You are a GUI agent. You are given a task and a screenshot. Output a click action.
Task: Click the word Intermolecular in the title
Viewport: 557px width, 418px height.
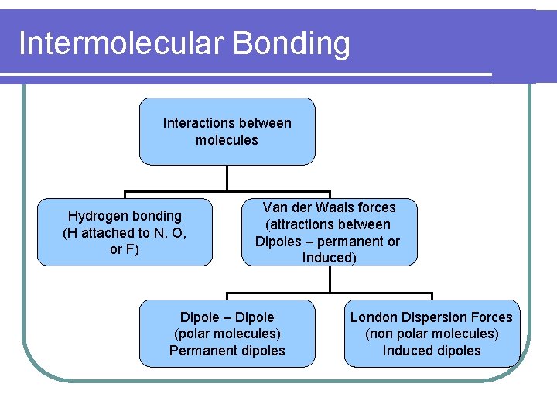coord(119,43)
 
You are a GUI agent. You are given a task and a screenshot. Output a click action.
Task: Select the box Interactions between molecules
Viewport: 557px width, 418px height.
coord(227,132)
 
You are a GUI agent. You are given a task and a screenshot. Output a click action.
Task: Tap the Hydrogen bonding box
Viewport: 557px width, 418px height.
coord(125,232)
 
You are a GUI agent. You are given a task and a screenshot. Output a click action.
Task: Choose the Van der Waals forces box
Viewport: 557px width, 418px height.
coord(329,232)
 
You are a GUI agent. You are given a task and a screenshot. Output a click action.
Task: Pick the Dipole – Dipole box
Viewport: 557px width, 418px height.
coord(227,334)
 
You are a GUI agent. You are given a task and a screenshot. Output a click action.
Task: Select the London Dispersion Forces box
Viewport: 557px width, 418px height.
coord(432,334)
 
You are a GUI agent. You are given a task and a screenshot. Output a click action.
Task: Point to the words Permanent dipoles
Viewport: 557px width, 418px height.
coord(227,351)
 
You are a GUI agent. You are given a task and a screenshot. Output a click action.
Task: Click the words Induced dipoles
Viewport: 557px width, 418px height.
coord(432,351)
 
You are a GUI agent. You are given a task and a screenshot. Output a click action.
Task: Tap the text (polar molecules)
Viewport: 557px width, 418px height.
coord(227,334)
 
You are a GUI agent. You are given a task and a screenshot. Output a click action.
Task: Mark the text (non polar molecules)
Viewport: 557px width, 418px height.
coord(432,334)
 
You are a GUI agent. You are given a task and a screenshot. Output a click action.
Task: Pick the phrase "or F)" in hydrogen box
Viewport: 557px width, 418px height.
coord(125,249)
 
